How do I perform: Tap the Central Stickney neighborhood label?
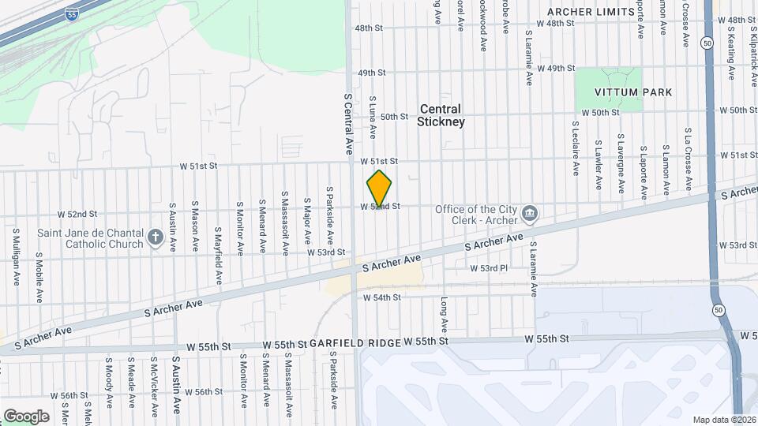pos(442,115)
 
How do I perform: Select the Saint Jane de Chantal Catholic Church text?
pos(90,238)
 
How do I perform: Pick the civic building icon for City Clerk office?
pos(530,211)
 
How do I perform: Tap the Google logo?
pos(26,416)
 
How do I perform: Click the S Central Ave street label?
pos(347,123)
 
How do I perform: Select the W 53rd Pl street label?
pos(488,268)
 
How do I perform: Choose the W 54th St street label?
pos(382,297)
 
